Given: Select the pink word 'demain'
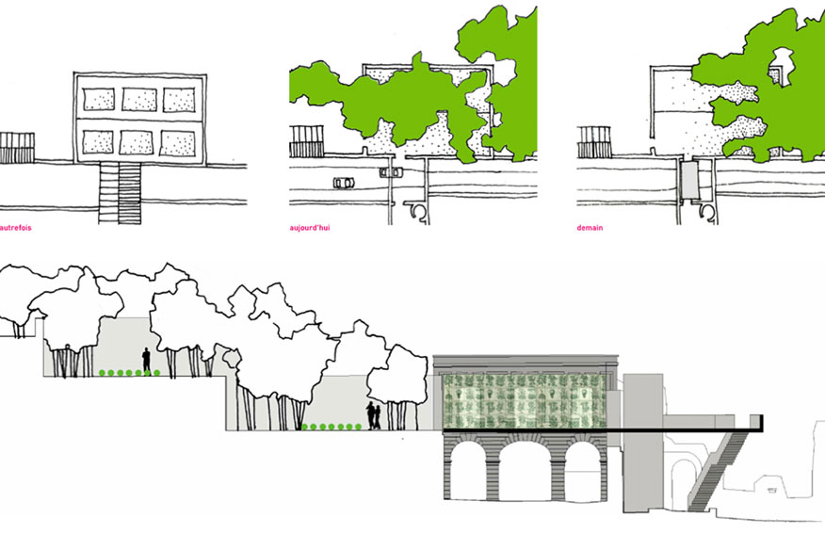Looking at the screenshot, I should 590,228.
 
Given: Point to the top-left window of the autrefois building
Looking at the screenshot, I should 99,99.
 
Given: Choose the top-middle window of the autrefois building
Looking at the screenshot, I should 139,99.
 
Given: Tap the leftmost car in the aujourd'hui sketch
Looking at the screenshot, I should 344,182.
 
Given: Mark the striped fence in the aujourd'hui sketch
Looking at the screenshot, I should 306,143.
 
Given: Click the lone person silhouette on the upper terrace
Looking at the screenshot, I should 146,360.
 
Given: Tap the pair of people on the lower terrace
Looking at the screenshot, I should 374,415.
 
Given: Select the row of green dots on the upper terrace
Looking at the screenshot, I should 128,374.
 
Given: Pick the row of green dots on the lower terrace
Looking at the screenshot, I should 332,427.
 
